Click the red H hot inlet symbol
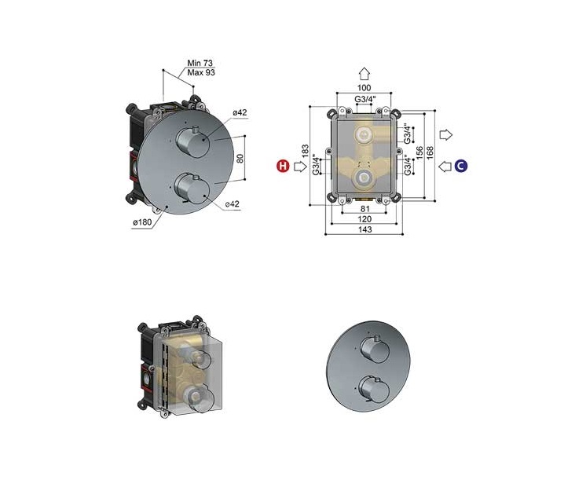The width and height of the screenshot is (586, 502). (283, 166)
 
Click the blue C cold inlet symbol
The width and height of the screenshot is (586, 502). (461, 166)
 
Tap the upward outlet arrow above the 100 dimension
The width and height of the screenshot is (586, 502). (364, 74)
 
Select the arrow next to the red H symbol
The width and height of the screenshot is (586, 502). (300, 166)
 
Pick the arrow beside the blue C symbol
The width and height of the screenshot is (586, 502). (445, 166)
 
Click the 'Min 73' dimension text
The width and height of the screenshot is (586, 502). (200, 63)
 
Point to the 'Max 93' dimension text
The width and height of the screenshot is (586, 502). (201, 72)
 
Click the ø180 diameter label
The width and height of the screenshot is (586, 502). (142, 222)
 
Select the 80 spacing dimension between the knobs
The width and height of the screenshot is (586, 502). (240, 158)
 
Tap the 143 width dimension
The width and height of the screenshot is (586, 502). (364, 229)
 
